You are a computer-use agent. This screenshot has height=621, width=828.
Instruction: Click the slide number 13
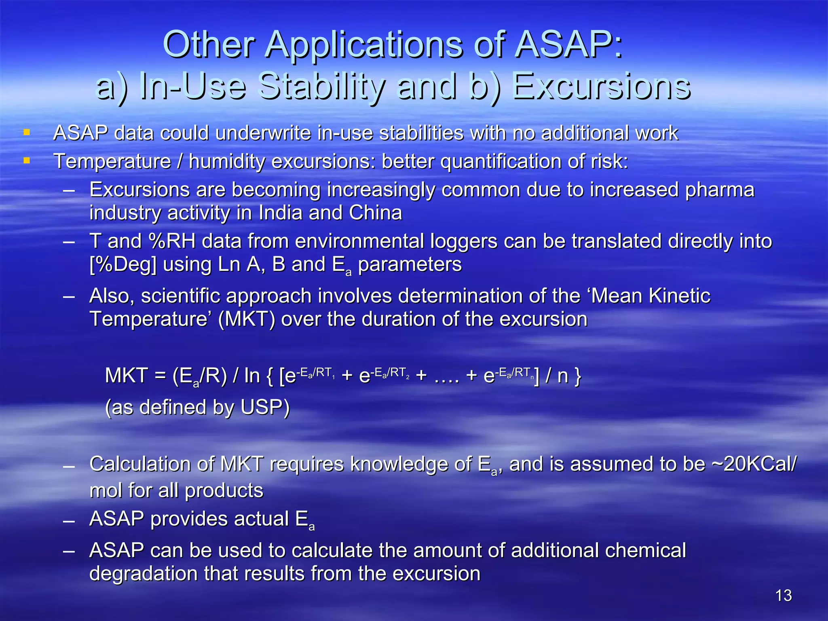[784, 596]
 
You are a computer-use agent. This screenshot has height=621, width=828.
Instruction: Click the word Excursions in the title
[601, 86]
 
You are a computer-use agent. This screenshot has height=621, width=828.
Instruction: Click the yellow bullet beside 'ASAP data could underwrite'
[27, 133]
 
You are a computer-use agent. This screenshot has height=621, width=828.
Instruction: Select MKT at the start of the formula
[126, 376]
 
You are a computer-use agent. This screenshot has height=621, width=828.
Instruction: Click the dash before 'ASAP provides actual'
[69, 521]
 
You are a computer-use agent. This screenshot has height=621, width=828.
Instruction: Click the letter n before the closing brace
[562, 376]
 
